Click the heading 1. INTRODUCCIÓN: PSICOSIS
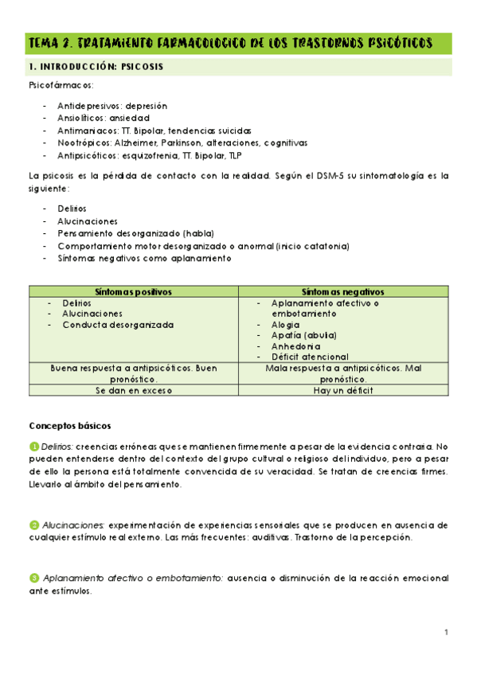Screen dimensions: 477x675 (96, 67)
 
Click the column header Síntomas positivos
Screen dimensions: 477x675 (134, 291)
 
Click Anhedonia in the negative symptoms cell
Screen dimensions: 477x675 (295, 346)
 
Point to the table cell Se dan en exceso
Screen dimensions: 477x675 (134, 390)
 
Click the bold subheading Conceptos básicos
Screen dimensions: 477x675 (70, 426)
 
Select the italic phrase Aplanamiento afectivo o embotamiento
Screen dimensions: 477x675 (130, 578)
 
